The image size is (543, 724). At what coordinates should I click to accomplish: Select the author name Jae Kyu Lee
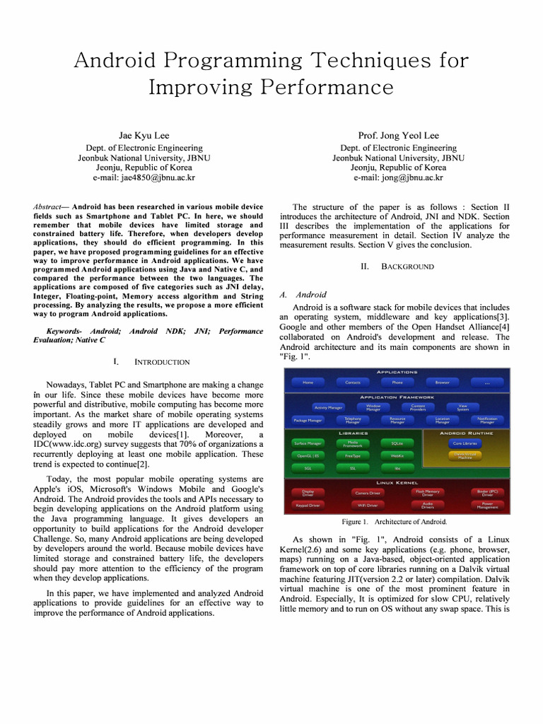point(144,135)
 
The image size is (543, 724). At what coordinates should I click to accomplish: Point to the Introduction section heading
point(162,362)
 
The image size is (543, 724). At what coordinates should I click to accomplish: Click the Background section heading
point(407,267)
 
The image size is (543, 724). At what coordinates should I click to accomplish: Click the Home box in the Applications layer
point(308,383)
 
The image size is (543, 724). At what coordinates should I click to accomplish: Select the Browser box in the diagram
point(442,383)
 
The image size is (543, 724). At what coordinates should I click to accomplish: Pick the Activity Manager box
point(329,408)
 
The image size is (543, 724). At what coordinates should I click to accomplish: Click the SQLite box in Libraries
point(397,443)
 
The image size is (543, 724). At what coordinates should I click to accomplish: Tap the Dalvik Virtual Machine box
point(465,456)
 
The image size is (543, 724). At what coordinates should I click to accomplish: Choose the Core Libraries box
point(465,443)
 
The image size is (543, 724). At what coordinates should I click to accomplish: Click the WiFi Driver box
point(368,506)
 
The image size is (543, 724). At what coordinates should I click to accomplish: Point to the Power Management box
point(488,506)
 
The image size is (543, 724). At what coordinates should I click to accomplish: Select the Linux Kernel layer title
point(397,482)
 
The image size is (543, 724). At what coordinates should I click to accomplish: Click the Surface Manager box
point(308,443)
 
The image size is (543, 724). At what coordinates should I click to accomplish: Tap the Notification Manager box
point(488,420)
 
